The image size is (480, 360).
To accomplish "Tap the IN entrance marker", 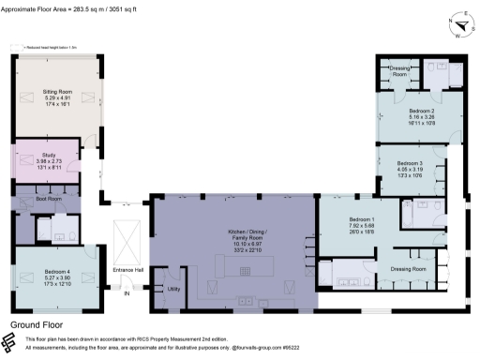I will click(127, 292).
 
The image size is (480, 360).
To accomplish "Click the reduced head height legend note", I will click(48, 45).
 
